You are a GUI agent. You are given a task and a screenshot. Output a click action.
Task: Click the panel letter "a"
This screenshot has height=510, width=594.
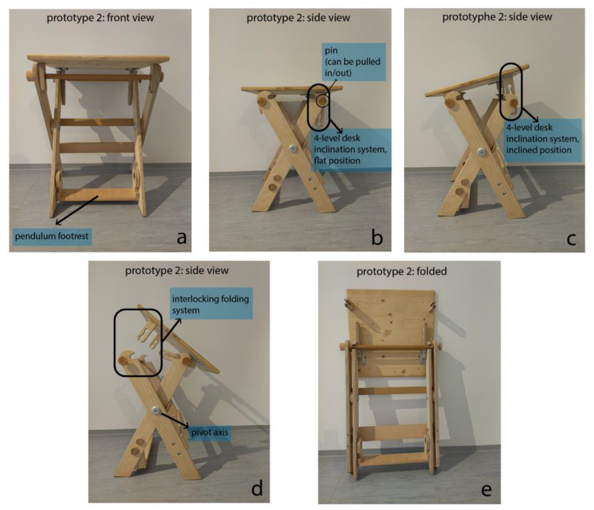point(182,238)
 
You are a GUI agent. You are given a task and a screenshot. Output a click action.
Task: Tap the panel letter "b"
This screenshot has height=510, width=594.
point(377,237)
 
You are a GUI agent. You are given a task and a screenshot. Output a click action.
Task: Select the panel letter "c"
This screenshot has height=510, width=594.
point(571,239)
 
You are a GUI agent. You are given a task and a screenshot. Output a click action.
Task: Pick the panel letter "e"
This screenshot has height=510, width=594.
point(486,490)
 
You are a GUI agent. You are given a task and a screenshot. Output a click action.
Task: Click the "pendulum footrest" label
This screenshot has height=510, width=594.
point(52,236)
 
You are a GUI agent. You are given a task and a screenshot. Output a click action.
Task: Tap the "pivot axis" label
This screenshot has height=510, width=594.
point(210,432)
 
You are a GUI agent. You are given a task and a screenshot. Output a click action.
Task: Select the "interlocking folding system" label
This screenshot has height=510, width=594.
point(211,304)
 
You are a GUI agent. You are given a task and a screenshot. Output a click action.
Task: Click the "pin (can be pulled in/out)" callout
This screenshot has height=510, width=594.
point(353,62)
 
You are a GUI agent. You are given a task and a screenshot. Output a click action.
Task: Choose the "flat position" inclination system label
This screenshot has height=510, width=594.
point(351,149)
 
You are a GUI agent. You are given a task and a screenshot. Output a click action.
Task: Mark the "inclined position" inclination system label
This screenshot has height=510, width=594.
point(543,139)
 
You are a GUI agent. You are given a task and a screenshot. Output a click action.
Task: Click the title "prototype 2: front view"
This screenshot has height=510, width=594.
point(100,18)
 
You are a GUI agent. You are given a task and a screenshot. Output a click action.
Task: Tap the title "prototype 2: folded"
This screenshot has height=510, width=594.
point(402,271)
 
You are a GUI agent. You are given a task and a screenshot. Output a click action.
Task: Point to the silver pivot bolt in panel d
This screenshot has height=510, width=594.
point(155,410)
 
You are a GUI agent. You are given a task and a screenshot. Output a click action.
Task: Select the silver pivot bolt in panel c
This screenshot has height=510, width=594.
point(481,152)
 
